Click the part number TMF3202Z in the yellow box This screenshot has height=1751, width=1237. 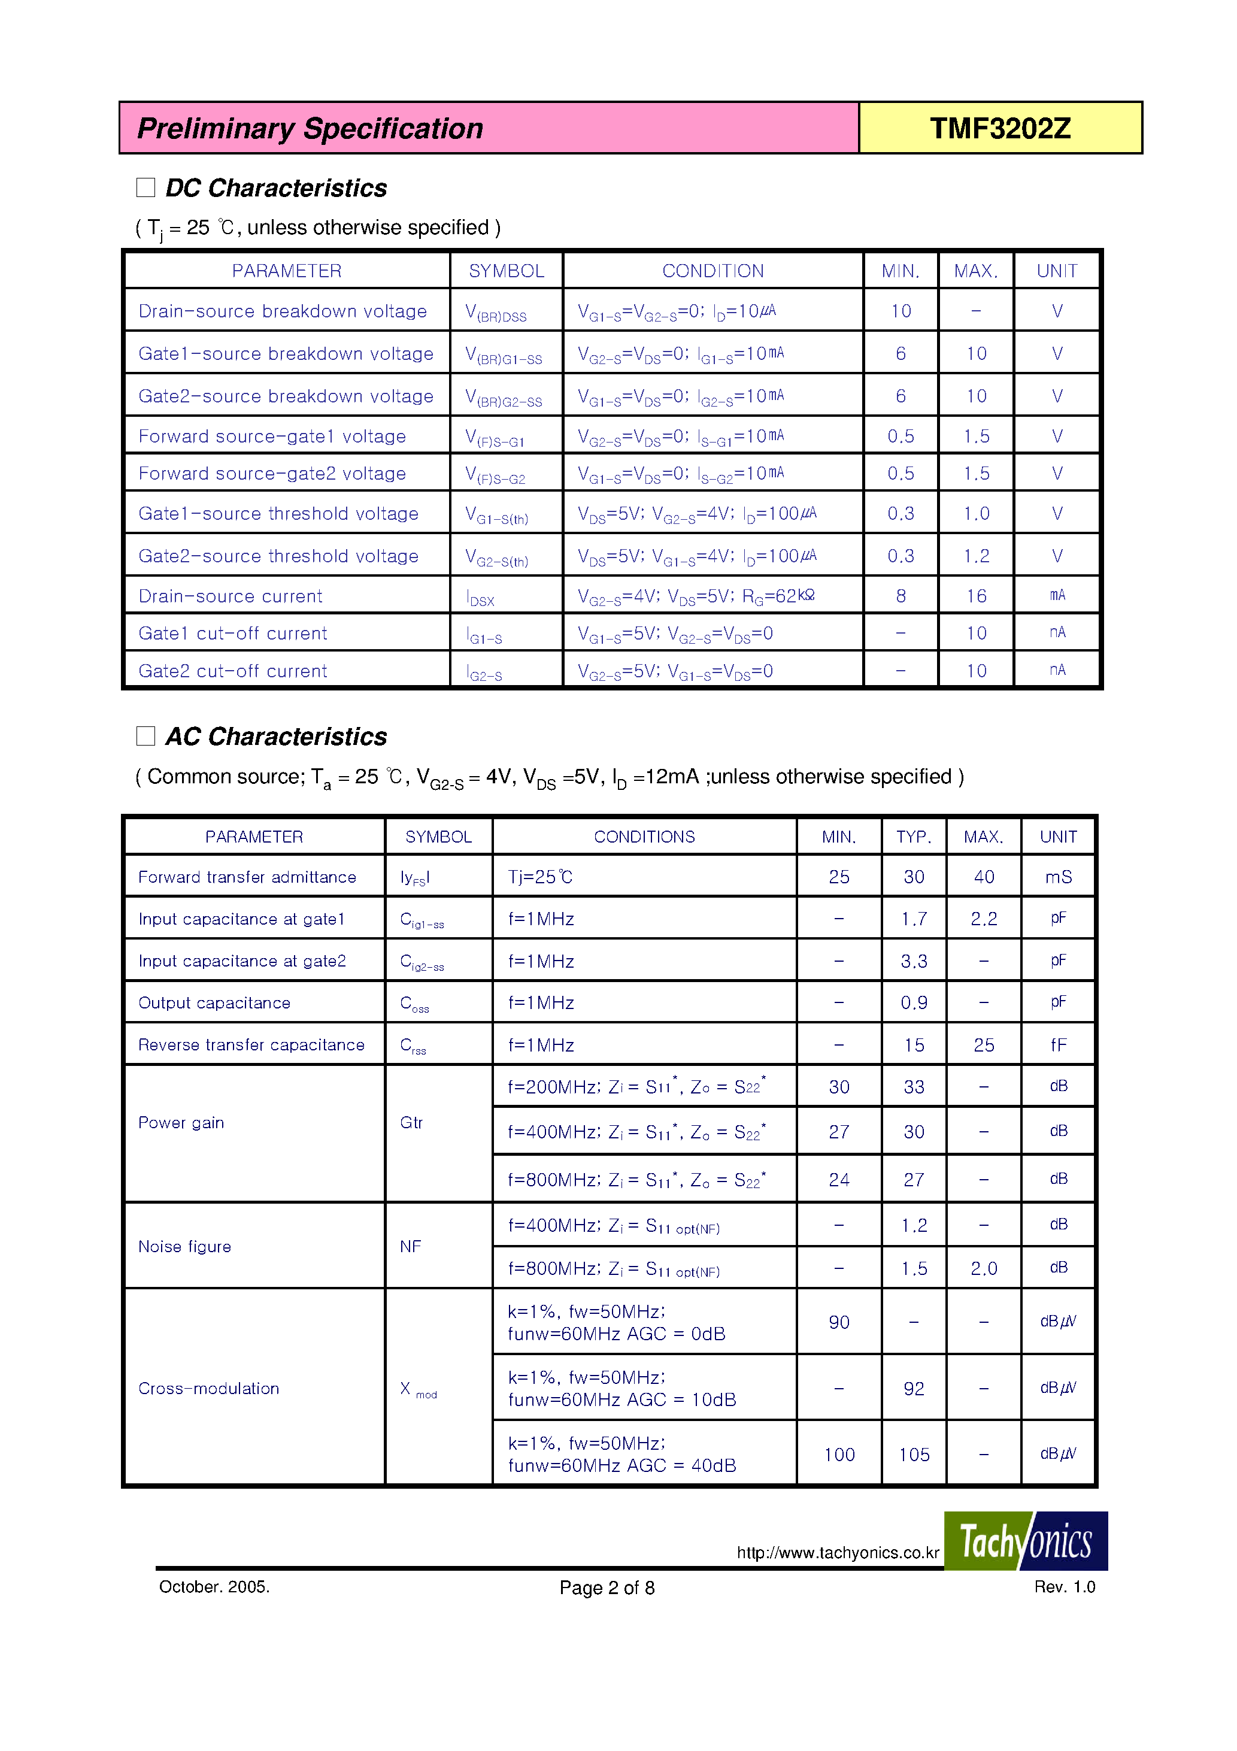(x=1000, y=128)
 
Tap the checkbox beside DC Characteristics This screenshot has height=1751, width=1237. (x=145, y=187)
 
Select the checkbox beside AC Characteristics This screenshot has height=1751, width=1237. (x=145, y=736)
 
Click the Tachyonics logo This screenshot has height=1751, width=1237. (x=1025, y=1541)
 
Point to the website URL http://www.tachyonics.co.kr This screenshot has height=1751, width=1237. (x=838, y=1553)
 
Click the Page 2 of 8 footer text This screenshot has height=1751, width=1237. (x=607, y=1588)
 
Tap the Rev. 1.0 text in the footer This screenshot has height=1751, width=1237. (x=1064, y=1586)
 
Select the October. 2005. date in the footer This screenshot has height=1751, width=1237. (x=214, y=1587)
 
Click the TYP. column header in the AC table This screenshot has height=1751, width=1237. (x=914, y=837)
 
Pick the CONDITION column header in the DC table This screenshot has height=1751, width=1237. (x=713, y=271)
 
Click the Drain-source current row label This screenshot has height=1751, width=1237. (x=231, y=596)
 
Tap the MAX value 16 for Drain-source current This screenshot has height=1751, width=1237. (x=976, y=596)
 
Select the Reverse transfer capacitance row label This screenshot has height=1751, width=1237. (x=251, y=1045)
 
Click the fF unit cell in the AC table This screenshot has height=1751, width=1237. (x=1058, y=1045)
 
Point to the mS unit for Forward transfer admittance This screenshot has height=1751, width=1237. (x=1058, y=877)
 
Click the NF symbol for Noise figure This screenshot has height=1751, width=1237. (x=410, y=1246)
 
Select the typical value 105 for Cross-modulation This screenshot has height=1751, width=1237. (x=914, y=1455)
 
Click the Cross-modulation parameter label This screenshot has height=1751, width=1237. (x=208, y=1388)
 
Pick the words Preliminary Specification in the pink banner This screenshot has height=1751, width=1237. (x=310, y=128)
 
